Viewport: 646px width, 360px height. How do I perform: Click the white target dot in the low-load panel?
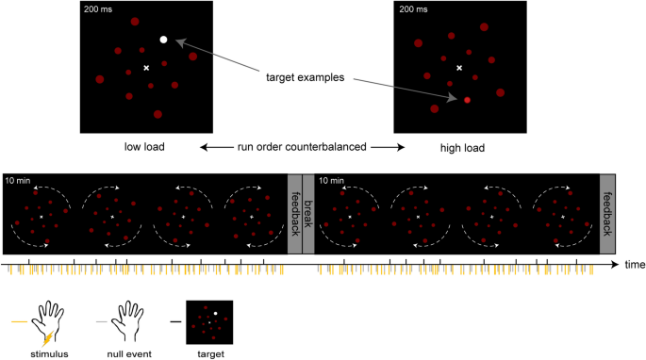tap(163, 40)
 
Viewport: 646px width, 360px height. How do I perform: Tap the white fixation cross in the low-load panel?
tap(145, 68)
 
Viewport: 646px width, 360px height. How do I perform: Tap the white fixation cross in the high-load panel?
tap(459, 68)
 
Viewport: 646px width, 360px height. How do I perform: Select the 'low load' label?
tap(145, 148)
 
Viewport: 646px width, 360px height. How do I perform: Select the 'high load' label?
tap(459, 148)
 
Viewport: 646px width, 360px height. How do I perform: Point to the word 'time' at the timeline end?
tap(635, 266)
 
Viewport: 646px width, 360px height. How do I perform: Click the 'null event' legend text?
tap(124, 353)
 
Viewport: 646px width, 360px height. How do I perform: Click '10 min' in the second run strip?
tap(332, 180)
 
